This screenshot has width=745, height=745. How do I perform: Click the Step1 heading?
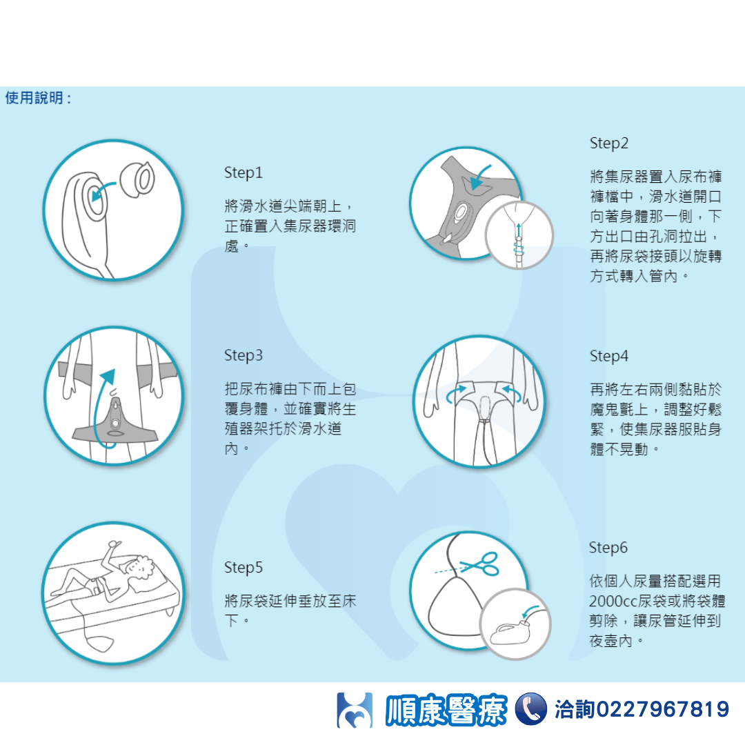244,172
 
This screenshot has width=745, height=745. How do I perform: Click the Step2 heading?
608,143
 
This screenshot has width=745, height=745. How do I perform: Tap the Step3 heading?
244,355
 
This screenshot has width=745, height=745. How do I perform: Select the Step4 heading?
608,356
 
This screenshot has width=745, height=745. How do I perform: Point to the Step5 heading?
244,567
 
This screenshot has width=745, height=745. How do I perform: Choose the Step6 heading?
608,547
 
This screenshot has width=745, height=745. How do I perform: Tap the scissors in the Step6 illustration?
481,564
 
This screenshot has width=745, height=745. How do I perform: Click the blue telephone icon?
530,709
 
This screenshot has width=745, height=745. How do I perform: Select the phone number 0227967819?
662,709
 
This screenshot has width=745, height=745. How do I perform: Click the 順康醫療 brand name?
446,710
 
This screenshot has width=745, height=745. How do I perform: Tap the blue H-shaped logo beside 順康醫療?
355,710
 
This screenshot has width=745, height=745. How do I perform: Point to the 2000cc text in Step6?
613,601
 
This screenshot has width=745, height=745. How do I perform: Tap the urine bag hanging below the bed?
101,644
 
